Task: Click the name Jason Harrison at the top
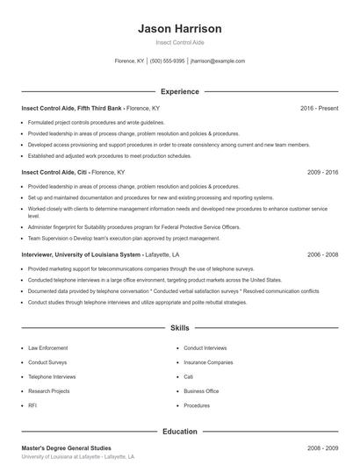[x=179, y=28]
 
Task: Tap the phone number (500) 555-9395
[x=167, y=61]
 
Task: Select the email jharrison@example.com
[x=218, y=61]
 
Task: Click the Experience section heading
[x=179, y=91]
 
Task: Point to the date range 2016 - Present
[x=319, y=108]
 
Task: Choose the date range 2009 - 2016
[x=322, y=173]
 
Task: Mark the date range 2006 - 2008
[x=322, y=254]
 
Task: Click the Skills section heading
[x=179, y=328]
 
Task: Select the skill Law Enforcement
[x=47, y=348]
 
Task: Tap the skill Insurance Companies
[x=208, y=362]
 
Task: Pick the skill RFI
[x=32, y=406]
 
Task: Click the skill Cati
[x=189, y=376]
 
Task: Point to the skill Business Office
[x=201, y=391]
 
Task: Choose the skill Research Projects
[x=48, y=391]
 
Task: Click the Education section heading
[x=179, y=432]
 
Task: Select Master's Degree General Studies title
[x=66, y=448]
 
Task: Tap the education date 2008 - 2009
[x=322, y=448]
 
